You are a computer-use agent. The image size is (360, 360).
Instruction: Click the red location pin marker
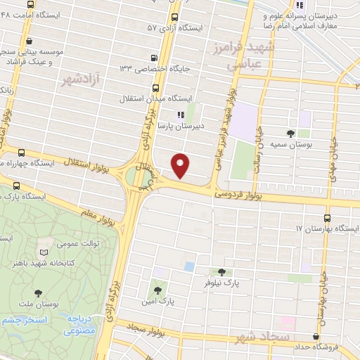click(x=181, y=166)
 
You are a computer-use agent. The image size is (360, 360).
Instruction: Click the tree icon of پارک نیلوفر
click(x=222, y=271)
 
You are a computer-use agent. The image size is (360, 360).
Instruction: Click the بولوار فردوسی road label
click(x=238, y=191)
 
